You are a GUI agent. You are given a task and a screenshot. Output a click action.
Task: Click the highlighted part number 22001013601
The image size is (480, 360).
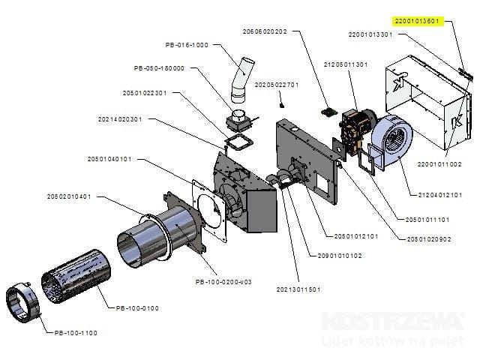coord(417,21)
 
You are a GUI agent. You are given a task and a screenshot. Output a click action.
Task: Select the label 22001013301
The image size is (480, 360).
coord(370,34)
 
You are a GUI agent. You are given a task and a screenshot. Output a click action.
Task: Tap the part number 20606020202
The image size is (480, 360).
coord(265,31)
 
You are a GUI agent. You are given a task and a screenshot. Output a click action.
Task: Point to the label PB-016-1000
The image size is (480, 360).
coord(187,45)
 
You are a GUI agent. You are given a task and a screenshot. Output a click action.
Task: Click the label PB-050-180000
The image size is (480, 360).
coord(159,68)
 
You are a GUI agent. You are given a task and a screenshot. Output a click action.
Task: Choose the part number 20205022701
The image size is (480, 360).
coord(277,85)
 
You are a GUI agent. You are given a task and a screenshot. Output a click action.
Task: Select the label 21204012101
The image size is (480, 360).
coord(440,195)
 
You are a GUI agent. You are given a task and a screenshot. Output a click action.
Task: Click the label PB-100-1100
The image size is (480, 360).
coord(76,333)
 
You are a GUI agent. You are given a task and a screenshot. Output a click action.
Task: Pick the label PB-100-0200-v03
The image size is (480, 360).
coord(223,282)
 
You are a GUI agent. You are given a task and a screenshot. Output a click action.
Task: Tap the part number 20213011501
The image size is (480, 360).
coord(298,289)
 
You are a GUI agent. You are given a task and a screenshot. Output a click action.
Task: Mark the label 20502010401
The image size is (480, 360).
coord(69,196)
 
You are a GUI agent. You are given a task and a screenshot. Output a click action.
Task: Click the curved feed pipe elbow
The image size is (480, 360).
coord(241,80)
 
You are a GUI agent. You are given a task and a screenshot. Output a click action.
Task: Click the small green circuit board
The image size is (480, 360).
coord(328,112)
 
